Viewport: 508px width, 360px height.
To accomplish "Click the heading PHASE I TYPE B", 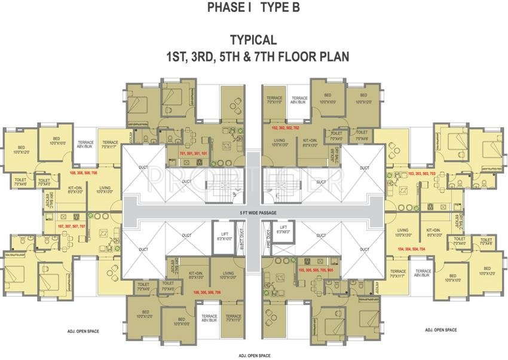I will pyautogui.click(x=253, y=8).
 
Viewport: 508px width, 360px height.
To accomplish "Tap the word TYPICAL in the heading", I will pyautogui.click(x=253, y=40).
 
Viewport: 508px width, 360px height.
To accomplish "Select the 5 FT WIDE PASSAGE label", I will pyautogui.click(x=255, y=212).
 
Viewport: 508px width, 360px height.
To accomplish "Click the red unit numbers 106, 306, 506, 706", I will pyautogui.click(x=207, y=292).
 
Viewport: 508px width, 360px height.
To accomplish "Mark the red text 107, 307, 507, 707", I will pyautogui.click(x=72, y=227).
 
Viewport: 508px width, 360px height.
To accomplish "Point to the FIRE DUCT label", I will pyautogui.click(x=268, y=238).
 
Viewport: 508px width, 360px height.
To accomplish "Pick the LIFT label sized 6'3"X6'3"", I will pyautogui.click(x=283, y=230).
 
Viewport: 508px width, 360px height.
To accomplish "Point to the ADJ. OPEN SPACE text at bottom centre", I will pyautogui.click(x=253, y=355).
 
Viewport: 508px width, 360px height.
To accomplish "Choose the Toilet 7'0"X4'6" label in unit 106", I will pyautogui.click(x=143, y=286).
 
